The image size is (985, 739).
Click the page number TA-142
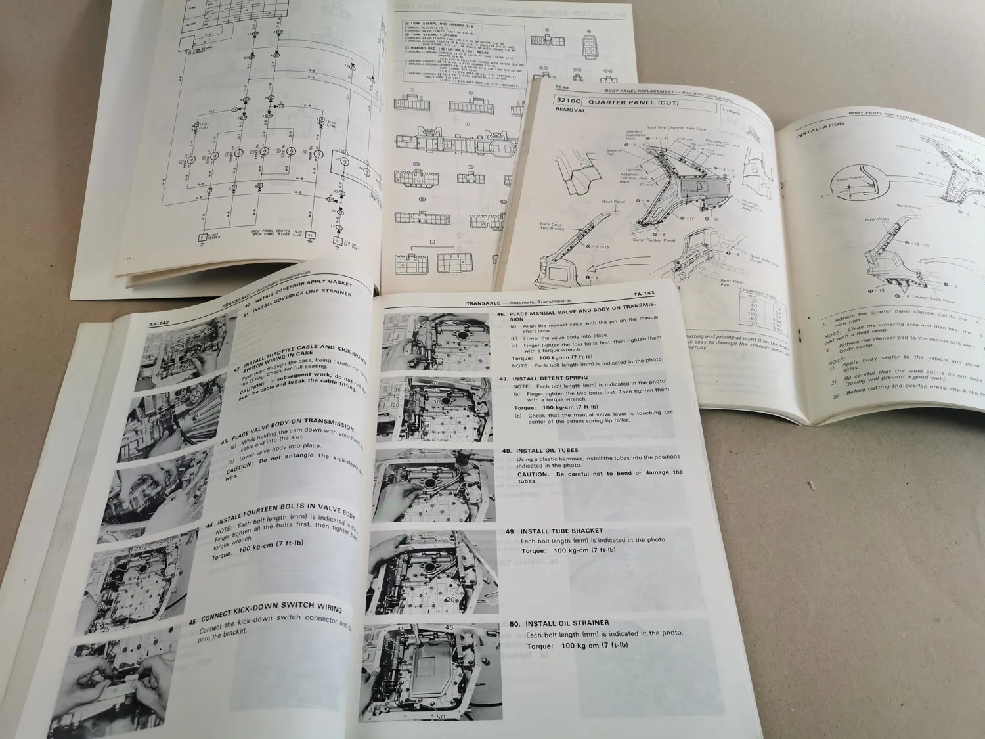tap(160, 323)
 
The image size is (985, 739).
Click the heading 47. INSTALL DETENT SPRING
tap(552, 378)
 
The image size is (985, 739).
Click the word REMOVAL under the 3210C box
tap(570, 110)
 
